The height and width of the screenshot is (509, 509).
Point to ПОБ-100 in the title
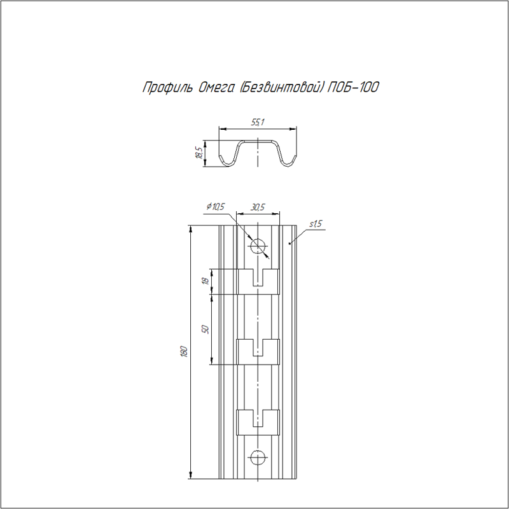[353, 87]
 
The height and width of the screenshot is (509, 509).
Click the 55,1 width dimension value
[258, 122]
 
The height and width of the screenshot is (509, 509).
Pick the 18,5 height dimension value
[199, 153]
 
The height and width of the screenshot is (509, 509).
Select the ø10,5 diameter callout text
[216, 206]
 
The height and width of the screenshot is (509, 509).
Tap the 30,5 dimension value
[258, 207]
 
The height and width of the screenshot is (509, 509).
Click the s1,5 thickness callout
[315, 224]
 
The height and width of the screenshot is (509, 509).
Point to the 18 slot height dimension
[204, 281]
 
